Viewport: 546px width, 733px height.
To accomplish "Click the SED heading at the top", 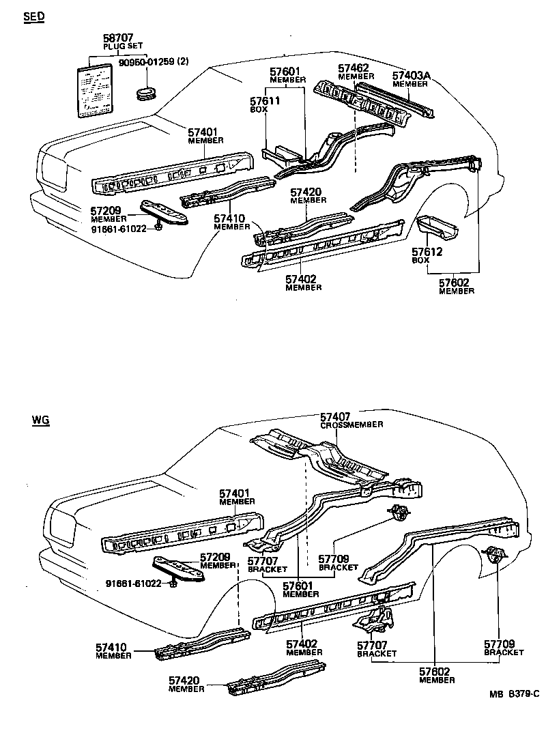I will point(33,17).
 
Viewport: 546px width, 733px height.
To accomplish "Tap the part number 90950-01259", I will point(153,62).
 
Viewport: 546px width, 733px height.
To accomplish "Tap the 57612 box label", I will point(427,252).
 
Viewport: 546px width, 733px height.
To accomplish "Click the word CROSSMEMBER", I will point(351,425).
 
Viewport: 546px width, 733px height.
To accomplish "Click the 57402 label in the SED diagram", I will point(303,279).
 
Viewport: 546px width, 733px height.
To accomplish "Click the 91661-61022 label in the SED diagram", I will point(120,229).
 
